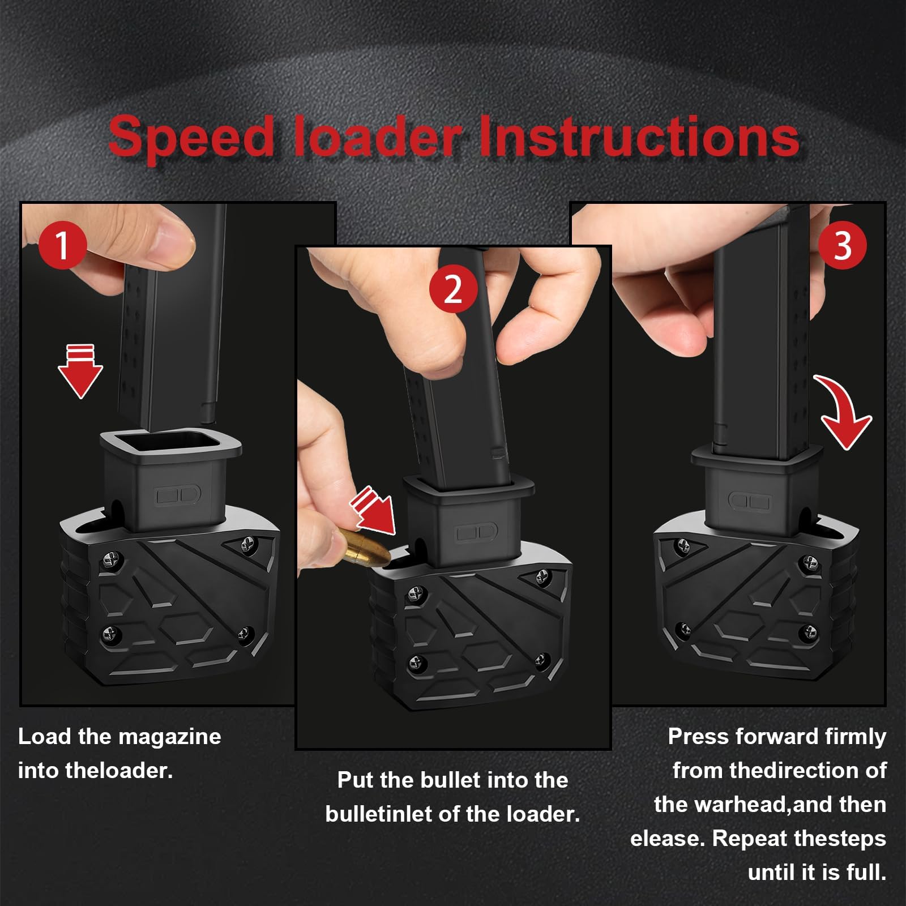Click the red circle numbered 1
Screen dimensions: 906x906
point(62,245)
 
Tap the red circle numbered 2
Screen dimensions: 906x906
point(452,289)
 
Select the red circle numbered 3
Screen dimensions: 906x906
point(843,245)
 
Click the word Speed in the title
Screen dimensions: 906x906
point(191,136)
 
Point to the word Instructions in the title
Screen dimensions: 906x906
point(639,136)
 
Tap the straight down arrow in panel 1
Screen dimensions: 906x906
point(80,372)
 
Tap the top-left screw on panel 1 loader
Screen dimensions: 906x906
point(110,561)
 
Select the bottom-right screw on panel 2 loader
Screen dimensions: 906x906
point(542,659)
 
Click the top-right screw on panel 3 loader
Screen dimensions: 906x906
point(809,562)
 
